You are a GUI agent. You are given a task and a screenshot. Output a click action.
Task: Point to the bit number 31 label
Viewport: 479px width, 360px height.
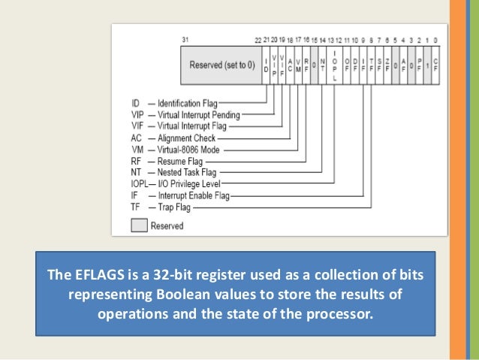tap(185, 39)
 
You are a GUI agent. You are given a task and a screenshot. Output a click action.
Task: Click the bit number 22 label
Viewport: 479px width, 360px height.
tap(259, 39)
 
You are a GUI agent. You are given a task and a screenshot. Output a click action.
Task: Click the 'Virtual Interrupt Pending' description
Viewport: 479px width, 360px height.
tap(199, 115)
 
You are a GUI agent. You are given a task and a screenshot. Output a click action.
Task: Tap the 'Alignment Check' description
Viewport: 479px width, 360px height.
tap(186, 138)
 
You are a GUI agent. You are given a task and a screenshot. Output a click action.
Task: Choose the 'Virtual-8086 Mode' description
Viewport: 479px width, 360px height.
tap(191, 150)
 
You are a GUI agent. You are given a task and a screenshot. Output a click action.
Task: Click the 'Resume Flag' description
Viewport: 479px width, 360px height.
tap(181, 161)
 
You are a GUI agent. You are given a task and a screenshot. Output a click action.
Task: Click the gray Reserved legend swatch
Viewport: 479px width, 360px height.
tap(139, 225)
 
